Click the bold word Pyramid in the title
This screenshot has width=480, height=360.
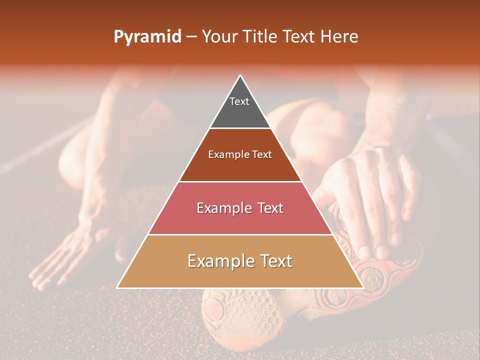click(x=147, y=37)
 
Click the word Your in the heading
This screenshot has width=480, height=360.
click(x=219, y=37)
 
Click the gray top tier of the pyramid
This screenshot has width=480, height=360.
click(x=240, y=107)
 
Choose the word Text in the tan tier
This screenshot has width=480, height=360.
click(x=274, y=261)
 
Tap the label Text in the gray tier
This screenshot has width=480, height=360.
click(x=239, y=101)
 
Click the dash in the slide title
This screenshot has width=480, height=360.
click(x=191, y=37)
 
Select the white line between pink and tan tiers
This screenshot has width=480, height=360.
click(x=240, y=234)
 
